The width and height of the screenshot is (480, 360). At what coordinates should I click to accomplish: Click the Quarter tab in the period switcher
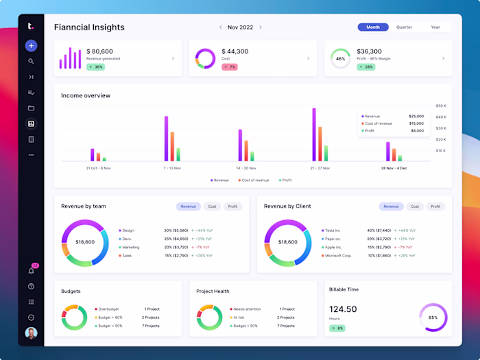[404, 27]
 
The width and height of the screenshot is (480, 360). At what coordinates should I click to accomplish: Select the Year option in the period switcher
[435, 27]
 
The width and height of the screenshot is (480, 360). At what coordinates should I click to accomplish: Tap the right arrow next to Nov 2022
[261, 27]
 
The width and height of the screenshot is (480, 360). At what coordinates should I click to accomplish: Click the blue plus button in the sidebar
[31, 46]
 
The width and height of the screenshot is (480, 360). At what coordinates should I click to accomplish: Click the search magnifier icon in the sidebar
[31, 61]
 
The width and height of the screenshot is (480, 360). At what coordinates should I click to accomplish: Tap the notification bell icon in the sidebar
[31, 270]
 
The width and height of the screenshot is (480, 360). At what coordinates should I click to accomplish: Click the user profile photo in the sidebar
[31, 333]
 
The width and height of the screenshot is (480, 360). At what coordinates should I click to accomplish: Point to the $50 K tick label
[440, 106]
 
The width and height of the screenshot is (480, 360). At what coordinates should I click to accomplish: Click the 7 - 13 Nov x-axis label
[172, 168]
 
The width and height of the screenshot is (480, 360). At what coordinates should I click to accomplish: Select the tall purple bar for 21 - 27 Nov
[314, 134]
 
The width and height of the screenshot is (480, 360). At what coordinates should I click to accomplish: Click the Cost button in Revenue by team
[212, 206]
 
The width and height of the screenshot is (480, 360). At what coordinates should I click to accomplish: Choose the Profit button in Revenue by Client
[435, 206]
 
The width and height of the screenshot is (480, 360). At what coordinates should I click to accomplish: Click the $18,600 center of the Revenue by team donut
[85, 242]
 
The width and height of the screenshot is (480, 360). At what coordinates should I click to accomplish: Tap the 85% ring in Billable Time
[433, 317]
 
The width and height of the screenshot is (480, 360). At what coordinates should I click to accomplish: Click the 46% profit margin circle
[340, 59]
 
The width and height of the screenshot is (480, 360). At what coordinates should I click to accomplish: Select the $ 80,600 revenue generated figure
[100, 51]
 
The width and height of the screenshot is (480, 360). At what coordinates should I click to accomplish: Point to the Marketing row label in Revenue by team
[130, 247]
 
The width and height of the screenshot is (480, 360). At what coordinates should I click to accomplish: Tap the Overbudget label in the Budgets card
[108, 309]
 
